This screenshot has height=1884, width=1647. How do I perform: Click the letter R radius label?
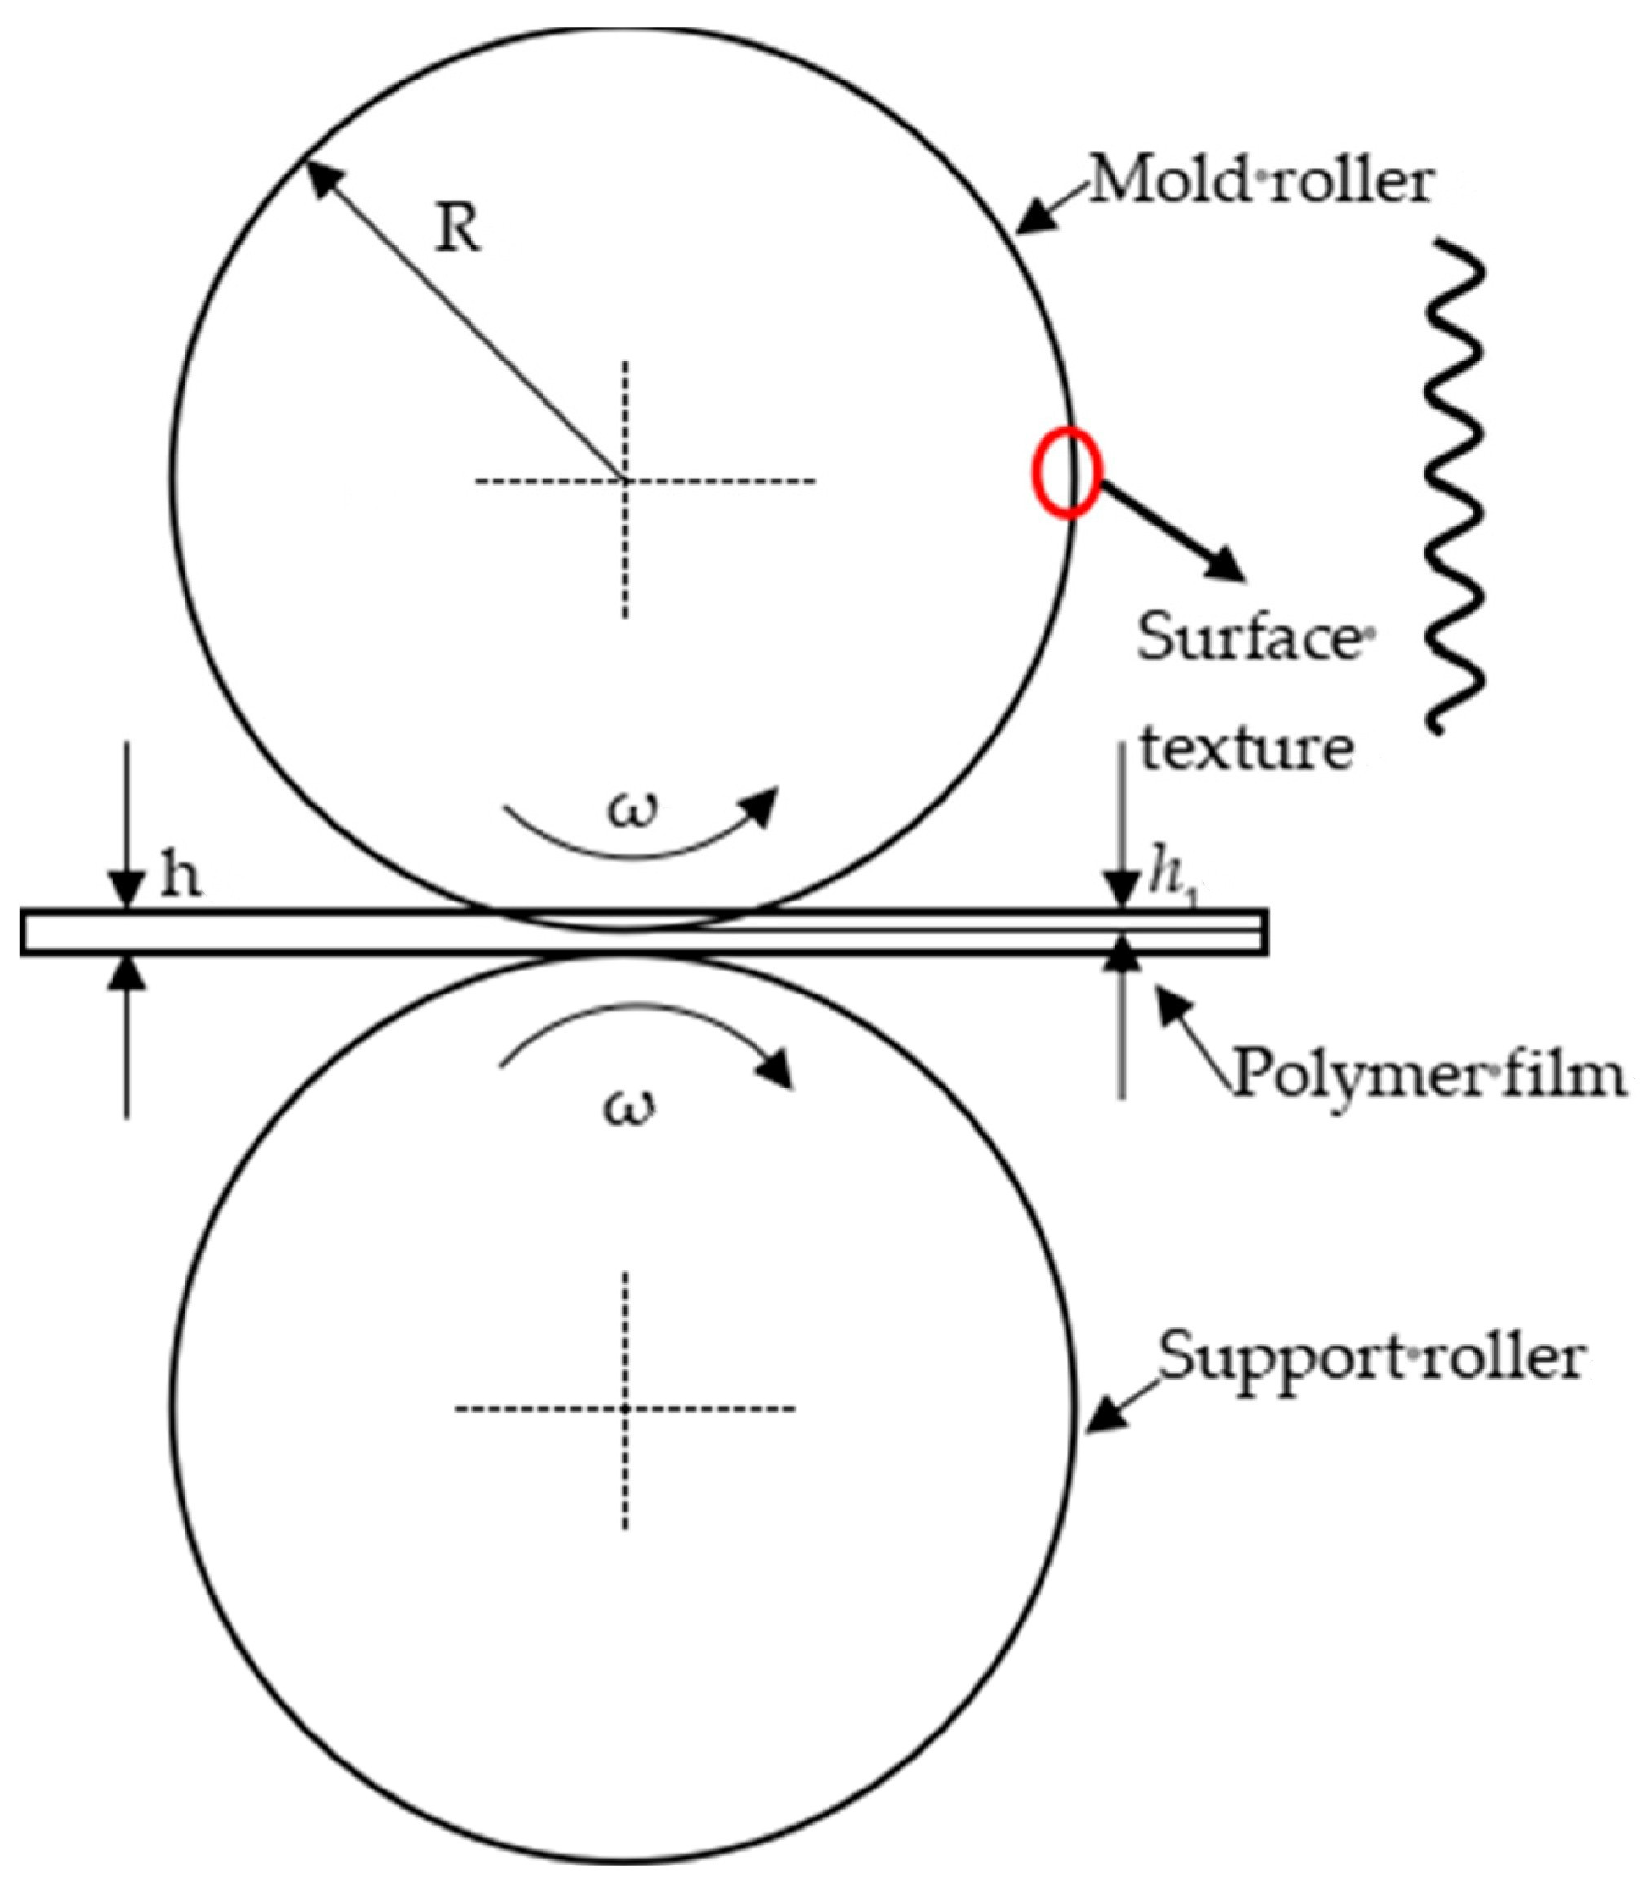(458, 229)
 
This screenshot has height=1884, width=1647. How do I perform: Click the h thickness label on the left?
(180, 878)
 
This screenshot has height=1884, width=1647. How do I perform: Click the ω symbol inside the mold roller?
(634, 811)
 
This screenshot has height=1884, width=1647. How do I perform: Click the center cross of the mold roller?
(625, 480)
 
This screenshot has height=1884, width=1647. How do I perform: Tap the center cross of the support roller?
(625, 1408)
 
